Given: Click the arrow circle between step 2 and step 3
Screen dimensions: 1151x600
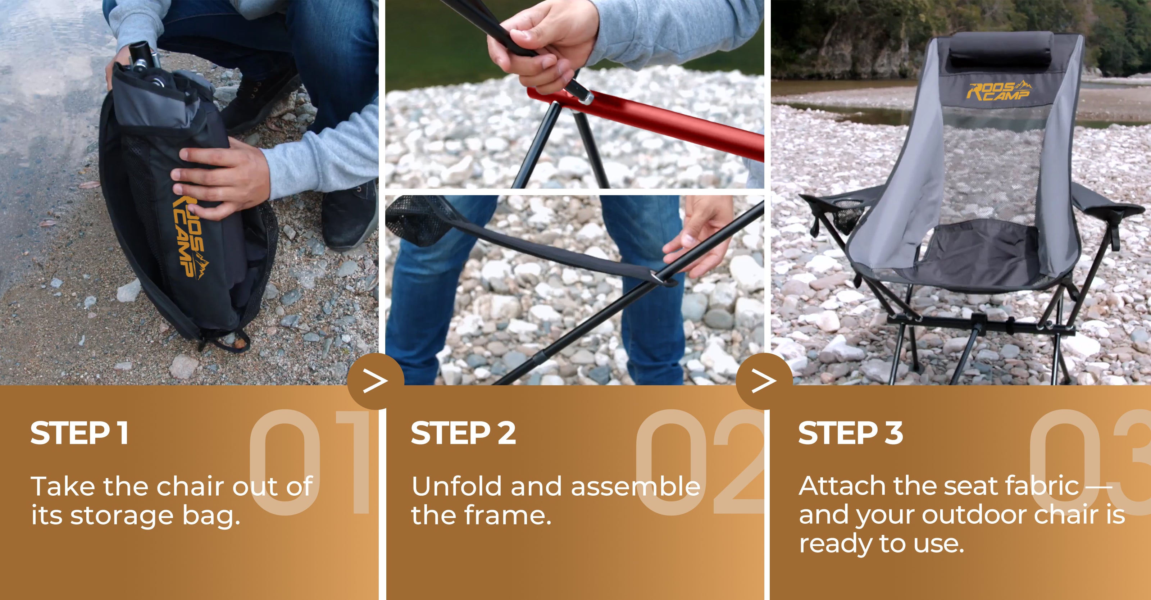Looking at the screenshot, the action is tap(764, 381).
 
